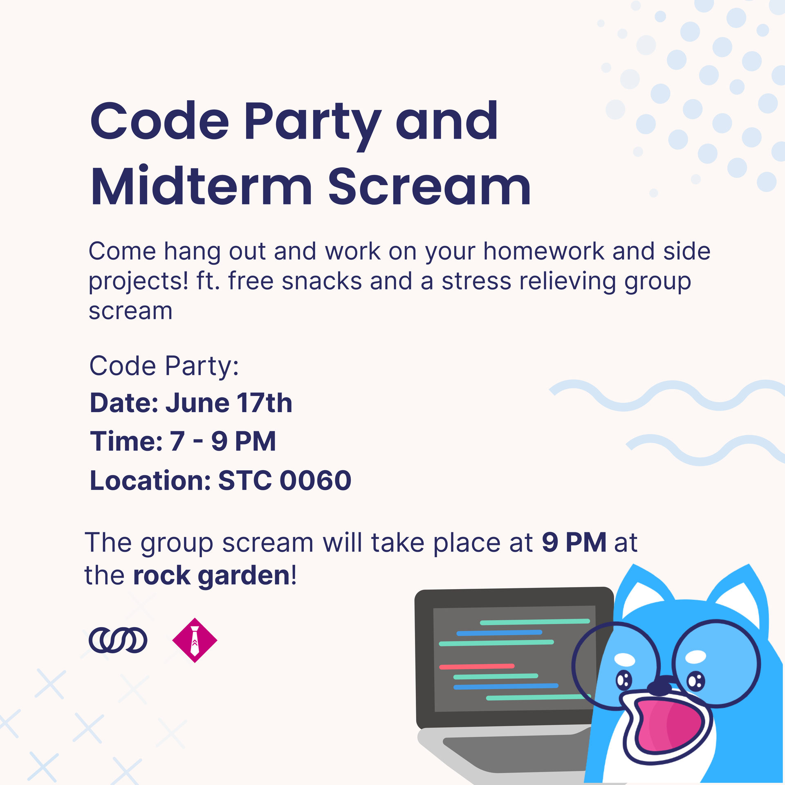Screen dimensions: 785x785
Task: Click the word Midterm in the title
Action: click(202, 186)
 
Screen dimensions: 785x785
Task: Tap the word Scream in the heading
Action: click(429, 186)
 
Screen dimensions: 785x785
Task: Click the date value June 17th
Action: click(229, 403)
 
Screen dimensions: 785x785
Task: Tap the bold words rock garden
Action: click(212, 576)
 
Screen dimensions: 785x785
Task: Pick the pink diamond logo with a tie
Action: click(195, 640)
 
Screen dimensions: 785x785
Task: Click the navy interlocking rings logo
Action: click(118, 640)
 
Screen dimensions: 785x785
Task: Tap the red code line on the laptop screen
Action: click(477, 666)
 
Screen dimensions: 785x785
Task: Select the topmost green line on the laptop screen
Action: click(535, 622)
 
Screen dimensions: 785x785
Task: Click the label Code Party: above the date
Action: click(164, 366)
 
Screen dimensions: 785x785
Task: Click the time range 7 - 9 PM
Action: click(223, 442)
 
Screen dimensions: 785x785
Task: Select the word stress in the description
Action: click(476, 281)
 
